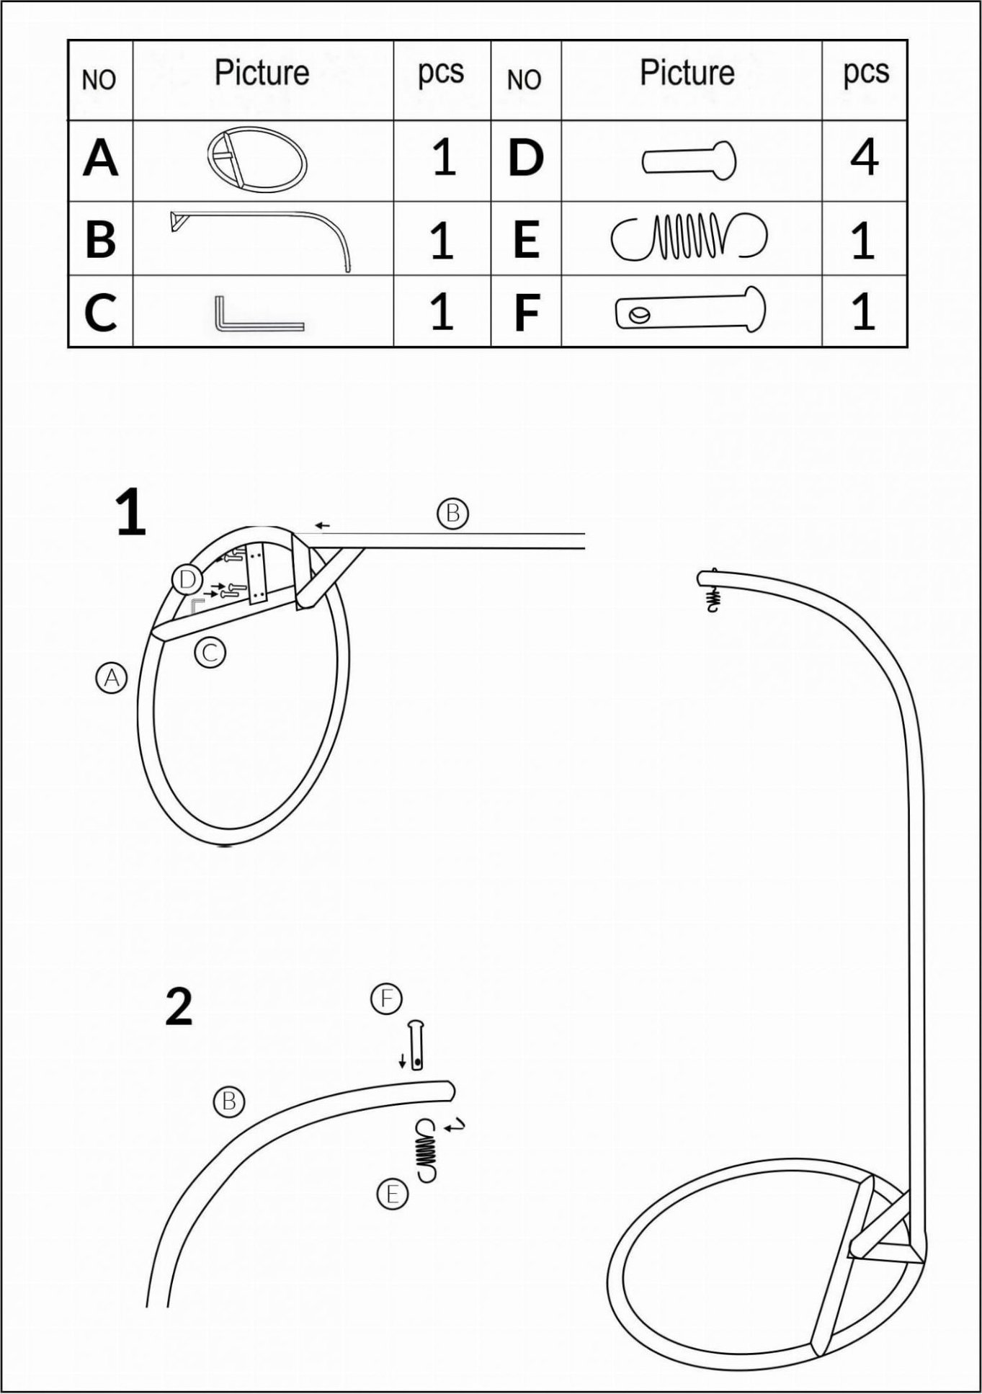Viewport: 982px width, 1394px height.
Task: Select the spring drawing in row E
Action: click(689, 236)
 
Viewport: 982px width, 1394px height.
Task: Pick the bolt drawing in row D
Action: click(689, 160)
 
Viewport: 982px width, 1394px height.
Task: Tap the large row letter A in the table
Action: click(100, 158)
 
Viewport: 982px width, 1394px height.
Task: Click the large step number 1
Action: click(131, 514)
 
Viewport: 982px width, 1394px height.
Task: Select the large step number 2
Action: click(179, 1006)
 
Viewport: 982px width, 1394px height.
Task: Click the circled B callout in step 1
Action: click(452, 514)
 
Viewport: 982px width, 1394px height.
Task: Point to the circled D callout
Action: click(187, 579)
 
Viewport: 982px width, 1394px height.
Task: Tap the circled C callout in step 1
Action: click(210, 653)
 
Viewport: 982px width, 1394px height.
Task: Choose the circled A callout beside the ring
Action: click(112, 678)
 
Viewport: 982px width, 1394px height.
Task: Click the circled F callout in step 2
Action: click(387, 998)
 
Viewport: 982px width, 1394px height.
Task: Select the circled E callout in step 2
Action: click(393, 1194)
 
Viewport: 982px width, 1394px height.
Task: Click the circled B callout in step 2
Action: click(229, 1102)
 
